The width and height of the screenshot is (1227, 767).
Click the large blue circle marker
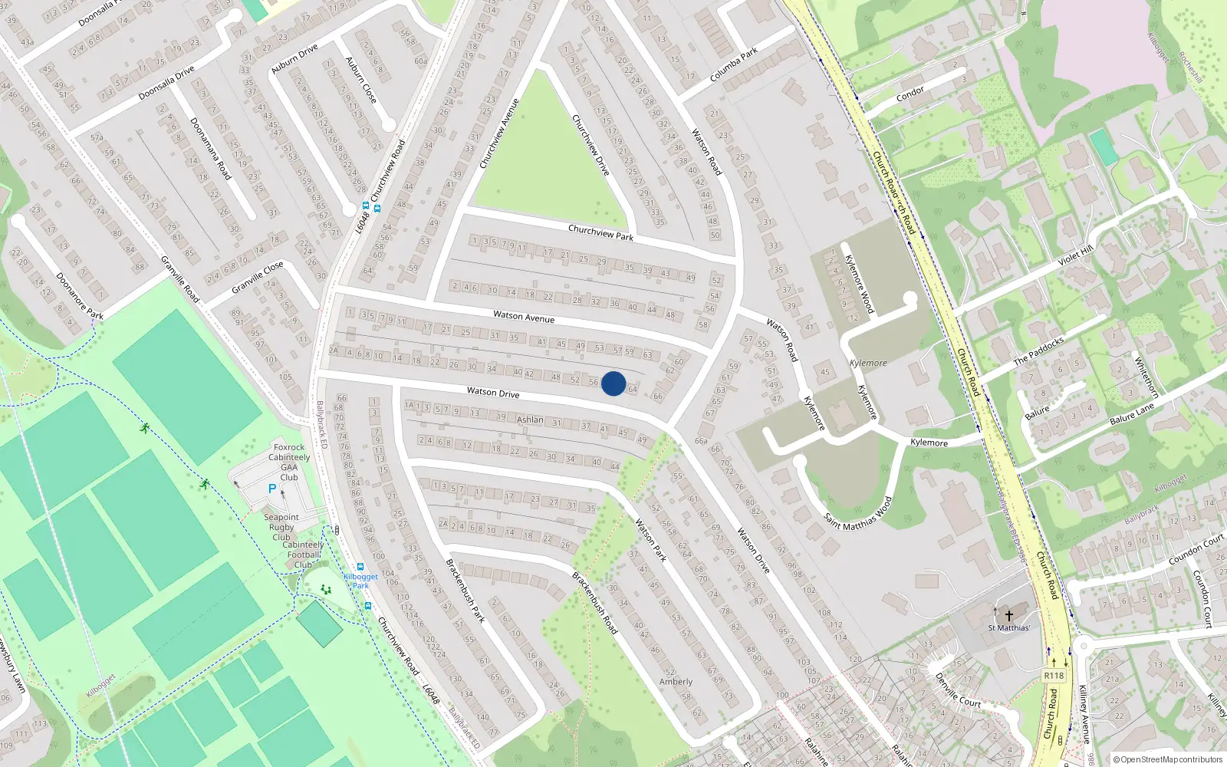point(613,383)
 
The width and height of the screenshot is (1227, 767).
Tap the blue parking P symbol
point(271,489)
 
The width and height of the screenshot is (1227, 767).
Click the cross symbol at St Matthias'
point(1009,615)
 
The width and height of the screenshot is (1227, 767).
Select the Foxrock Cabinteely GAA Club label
point(289,462)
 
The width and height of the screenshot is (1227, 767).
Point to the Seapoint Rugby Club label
point(281,527)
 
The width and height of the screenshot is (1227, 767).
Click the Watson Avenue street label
point(524,316)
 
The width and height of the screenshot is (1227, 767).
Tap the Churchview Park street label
point(600,232)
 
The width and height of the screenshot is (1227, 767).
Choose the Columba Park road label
point(734,64)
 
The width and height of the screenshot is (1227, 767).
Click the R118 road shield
point(1054,676)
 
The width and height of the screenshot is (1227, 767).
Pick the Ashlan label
point(530,420)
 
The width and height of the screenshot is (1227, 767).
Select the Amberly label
point(676,681)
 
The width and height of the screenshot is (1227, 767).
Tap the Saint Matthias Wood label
point(857,515)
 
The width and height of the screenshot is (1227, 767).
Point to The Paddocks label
point(1038,351)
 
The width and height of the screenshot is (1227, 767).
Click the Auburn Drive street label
point(294,59)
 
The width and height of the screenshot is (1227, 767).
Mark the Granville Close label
point(258,277)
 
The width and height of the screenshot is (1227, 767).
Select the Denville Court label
point(958,690)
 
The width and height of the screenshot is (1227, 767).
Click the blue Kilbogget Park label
point(360,581)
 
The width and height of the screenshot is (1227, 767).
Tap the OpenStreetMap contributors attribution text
point(1168,759)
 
